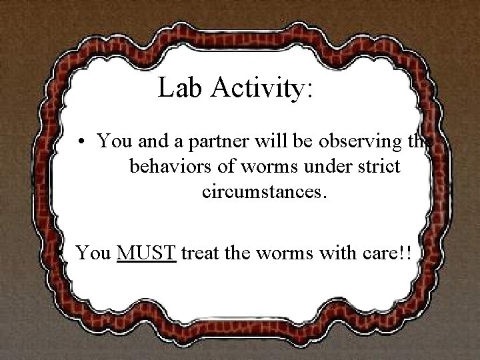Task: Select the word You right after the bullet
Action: (112, 141)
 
